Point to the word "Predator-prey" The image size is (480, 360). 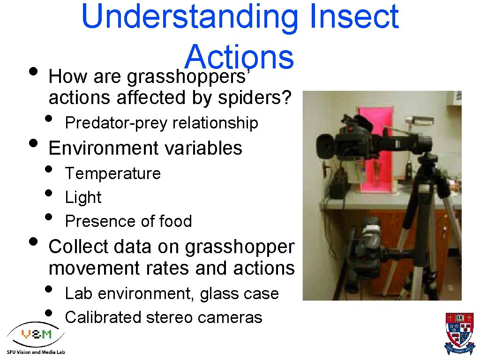[117, 123]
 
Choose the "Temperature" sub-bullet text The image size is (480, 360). [113, 173]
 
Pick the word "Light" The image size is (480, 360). [83, 197]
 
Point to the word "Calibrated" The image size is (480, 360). [103, 317]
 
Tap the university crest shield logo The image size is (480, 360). [459, 333]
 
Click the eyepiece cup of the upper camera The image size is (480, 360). [325, 146]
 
